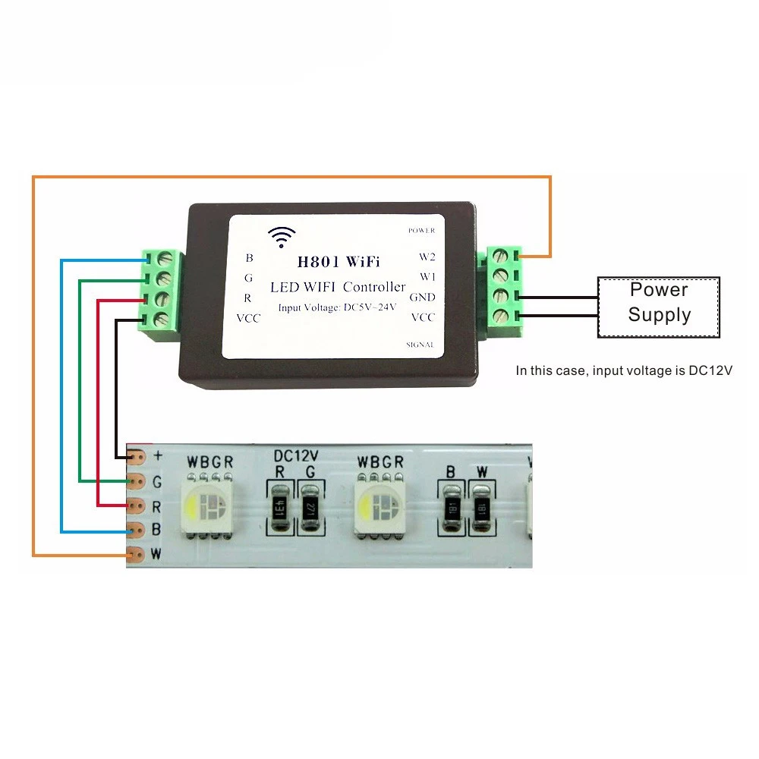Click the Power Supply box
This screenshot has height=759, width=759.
click(659, 307)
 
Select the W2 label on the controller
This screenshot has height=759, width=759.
click(427, 257)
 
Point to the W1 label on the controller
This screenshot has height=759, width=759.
click(427, 276)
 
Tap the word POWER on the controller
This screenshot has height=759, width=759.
click(421, 230)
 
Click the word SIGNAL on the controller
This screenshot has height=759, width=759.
click(420, 345)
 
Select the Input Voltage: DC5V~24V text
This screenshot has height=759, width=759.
click(336, 307)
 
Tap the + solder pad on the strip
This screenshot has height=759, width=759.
click(137, 457)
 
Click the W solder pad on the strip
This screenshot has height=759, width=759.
click(137, 554)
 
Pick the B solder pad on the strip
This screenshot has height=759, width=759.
click(137, 529)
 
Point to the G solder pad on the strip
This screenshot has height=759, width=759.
click(137, 481)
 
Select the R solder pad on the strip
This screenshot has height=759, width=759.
click(137, 505)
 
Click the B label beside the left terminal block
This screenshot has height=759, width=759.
click(249, 258)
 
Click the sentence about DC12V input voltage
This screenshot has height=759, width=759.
click(624, 371)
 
